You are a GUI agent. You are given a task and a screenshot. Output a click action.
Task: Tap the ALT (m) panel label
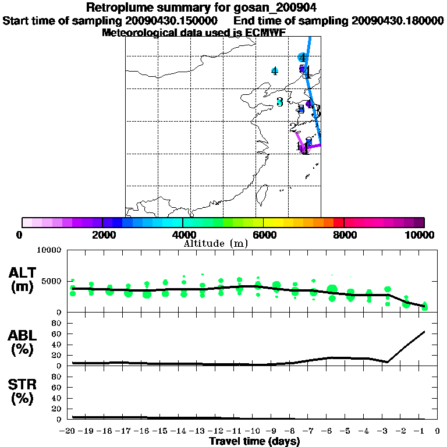[x=23, y=279]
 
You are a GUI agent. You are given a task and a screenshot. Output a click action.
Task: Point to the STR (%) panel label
[x=23, y=392]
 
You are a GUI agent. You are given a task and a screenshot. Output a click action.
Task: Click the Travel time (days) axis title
[x=254, y=442]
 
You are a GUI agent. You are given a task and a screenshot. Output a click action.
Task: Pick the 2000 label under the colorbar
[x=102, y=235]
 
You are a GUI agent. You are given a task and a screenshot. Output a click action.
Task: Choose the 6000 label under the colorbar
[x=263, y=235]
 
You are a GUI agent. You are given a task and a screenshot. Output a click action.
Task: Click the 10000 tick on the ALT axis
[x=49, y=250]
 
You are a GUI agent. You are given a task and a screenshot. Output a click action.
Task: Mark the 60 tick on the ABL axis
[x=56, y=334]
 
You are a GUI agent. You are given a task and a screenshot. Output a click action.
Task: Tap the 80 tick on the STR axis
[x=56, y=377]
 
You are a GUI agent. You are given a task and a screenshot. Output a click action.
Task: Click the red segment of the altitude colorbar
[x=338, y=222]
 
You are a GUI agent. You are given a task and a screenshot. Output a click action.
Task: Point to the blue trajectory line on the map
[x=313, y=81]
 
